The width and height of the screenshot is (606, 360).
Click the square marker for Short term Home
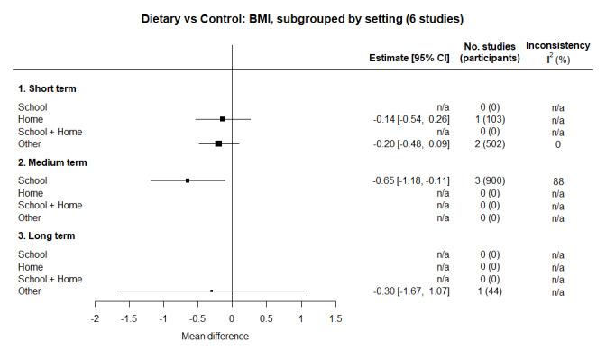click(223, 118)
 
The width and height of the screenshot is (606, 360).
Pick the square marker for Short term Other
click(218, 143)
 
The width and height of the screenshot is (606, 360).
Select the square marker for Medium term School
click(188, 180)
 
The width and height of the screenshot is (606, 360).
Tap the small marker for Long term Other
click(211, 291)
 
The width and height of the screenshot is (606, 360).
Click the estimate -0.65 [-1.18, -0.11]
click(411, 180)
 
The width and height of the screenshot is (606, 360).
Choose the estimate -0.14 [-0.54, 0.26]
click(411, 119)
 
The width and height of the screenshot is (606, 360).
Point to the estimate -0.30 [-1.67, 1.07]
click(411, 291)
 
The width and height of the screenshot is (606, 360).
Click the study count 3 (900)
click(491, 180)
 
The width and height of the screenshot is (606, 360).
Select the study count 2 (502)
click(491, 143)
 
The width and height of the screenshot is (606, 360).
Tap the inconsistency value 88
click(558, 180)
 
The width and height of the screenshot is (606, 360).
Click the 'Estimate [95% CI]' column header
click(409, 58)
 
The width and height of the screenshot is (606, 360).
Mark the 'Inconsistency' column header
click(558, 45)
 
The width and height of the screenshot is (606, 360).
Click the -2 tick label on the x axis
click(95, 319)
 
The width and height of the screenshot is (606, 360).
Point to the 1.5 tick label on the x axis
click(335, 319)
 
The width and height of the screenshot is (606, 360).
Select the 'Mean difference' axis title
click(216, 337)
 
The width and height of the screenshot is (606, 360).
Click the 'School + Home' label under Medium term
click(50, 205)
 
